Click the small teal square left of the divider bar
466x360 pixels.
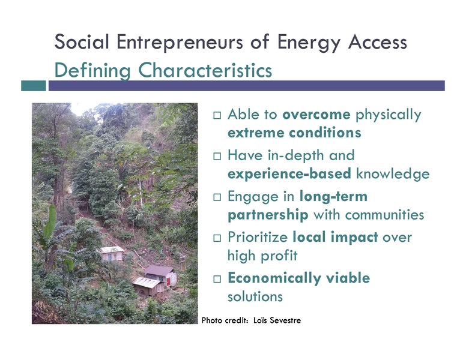(33, 86)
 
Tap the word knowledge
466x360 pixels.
(393, 174)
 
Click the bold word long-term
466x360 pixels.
(333, 197)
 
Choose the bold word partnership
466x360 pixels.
(268, 214)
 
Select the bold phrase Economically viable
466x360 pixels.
(298, 278)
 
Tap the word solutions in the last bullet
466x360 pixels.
(255, 296)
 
